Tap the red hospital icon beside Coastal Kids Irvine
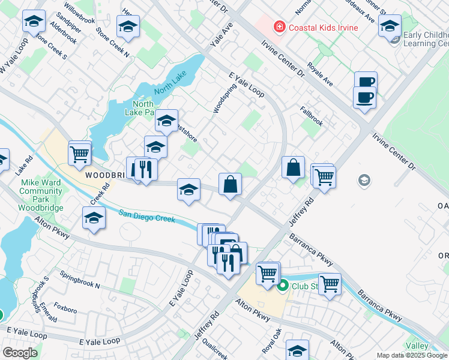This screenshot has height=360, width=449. (279, 26)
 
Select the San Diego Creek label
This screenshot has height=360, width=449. (146, 216)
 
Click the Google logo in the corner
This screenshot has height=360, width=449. (19, 353)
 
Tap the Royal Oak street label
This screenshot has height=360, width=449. (272, 340)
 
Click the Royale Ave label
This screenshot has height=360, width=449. (319, 73)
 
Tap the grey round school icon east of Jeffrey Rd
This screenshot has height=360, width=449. (363, 179)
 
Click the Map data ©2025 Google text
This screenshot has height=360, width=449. (412, 355)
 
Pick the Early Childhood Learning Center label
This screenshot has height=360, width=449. (426, 39)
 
